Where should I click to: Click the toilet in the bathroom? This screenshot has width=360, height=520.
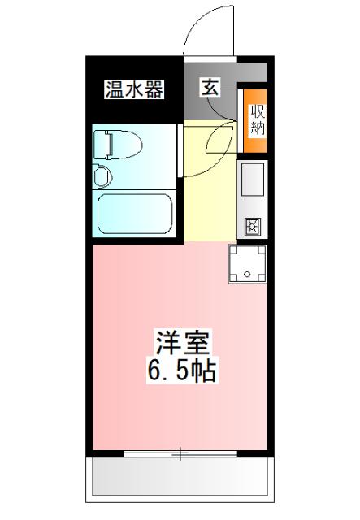[118, 145]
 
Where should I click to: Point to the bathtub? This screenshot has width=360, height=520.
[133, 214]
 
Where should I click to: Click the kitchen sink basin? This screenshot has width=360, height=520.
[253, 180]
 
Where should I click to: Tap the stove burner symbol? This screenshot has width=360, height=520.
[251, 226]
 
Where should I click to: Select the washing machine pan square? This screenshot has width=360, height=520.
[248, 266]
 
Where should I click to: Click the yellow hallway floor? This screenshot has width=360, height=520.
[210, 187]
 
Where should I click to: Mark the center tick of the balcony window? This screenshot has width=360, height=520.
[180, 453]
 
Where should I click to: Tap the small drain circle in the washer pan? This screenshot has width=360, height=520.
[248, 267]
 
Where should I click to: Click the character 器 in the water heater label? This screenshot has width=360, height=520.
[154, 89]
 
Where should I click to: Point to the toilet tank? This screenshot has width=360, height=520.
[102, 145]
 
